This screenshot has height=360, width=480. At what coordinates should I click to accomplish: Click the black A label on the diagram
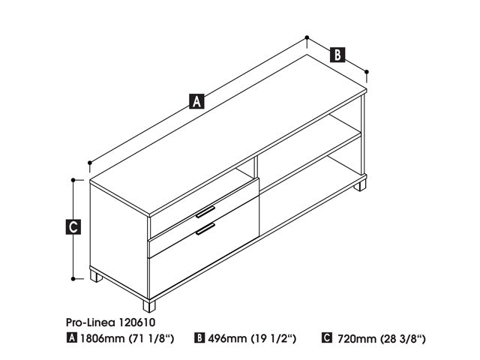click(196, 101)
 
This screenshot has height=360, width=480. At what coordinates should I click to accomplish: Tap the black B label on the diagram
click(337, 55)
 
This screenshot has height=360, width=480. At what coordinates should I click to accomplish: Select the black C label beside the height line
click(73, 226)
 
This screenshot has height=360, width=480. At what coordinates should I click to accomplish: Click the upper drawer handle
click(205, 212)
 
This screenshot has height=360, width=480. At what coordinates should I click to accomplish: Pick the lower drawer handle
click(205, 229)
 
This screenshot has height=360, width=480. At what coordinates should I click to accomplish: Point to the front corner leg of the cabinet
click(149, 306)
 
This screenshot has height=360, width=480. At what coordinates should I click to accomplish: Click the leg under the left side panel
click(96, 276)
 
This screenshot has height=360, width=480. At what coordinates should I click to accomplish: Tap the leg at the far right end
click(360, 185)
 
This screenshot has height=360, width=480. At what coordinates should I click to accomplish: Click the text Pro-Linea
click(91, 322)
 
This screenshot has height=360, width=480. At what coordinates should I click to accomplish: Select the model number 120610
click(136, 322)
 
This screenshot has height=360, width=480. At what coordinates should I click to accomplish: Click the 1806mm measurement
click(102, 338)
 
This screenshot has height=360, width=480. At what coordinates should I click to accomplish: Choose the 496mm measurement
click(227, 338)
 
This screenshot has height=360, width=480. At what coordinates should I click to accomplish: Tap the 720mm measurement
click(357, 338)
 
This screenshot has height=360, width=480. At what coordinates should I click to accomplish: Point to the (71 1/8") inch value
click(151, 338)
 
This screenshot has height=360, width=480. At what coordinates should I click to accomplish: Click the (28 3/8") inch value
click(403, 338)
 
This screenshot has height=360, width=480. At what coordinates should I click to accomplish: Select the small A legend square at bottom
click(72, 338)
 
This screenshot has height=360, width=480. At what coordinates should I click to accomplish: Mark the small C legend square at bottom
click(327, 338)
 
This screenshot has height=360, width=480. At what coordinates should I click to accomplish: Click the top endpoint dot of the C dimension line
click(73, 180)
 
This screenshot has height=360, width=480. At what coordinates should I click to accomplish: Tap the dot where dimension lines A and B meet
click(307, 37)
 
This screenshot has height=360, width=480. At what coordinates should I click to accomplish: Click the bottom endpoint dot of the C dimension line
click(73, 278)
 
